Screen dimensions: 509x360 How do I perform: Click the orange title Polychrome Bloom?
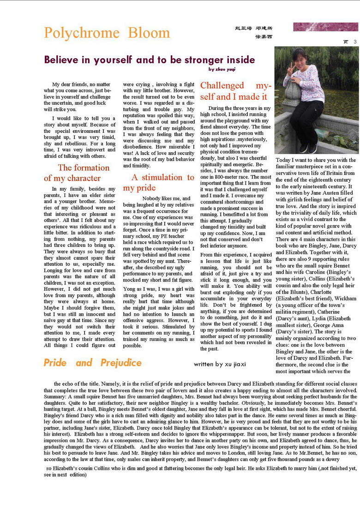(107, 33)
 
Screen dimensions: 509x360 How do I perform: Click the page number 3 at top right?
(355, 42)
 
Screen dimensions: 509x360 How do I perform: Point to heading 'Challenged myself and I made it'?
(235, 91)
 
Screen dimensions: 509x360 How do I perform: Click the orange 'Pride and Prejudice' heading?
(92, 363)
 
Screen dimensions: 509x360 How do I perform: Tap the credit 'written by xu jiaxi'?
(220, 364)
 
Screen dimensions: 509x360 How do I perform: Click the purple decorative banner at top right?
(325, 27)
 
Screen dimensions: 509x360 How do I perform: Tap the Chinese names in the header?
(253, 32)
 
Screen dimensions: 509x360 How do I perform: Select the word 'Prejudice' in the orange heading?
(121, 363)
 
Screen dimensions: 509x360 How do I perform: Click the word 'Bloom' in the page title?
(149, 33)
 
